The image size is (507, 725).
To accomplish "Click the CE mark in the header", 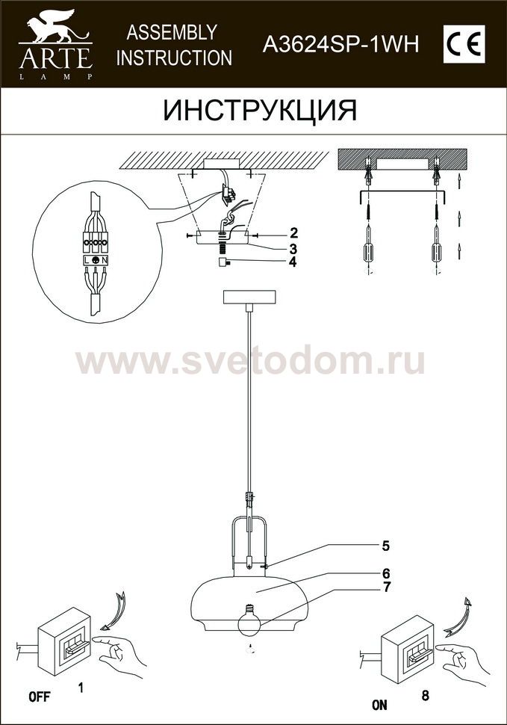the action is click(x=464, y=44).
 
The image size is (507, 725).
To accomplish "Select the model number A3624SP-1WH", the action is click(x=340, y=45).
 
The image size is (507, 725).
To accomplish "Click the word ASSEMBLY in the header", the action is click(x=172, y=32).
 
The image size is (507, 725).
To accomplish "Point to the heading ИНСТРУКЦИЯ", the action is click(x=261, y=111).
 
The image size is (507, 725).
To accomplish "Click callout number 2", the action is click(x=293, y=233).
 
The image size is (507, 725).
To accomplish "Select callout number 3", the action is click(x=293, y=249).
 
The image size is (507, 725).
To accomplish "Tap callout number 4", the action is click(x=293, y=262).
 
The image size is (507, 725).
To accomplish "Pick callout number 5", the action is click(x=385, y=546).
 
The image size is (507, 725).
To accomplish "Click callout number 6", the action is click(x=386, y=574).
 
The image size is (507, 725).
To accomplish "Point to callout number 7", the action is click(x=387, y=587).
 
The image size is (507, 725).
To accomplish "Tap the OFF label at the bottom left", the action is click(x=40, y=697).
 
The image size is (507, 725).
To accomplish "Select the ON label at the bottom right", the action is click(x=379, y=705).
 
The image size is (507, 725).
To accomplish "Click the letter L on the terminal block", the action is click(x=87, y=260).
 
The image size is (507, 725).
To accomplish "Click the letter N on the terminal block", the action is click(x=105, y=260).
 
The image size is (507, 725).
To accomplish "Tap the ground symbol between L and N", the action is click(x=96, y=260).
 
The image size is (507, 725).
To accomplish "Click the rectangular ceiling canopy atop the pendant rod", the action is click(x=249, y=297).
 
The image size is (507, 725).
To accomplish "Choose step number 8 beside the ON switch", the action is click(x=426, y=695).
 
